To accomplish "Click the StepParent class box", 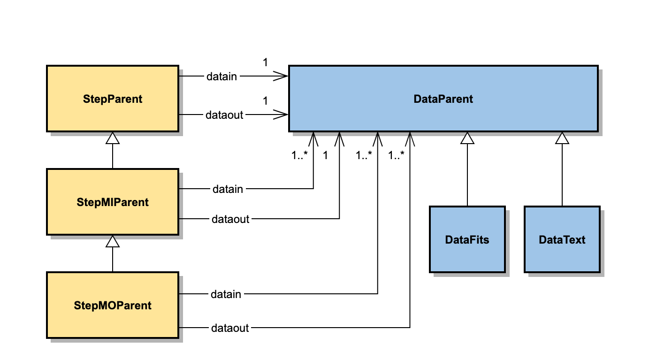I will tap(112, 99).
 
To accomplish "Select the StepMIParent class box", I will tap(112, 202).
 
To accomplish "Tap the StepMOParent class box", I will tap(112, 305).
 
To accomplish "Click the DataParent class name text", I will tap(443, 99).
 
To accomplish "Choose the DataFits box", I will tap(467, 239).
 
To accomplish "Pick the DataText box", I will tap(562, 239).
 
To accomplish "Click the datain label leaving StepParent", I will tap(221, 76).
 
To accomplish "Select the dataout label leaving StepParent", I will tap(224, 115).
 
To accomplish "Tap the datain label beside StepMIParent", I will tap(228, 189).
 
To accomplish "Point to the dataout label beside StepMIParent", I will tap(230, 219).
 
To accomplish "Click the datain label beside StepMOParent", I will tap(226, 294).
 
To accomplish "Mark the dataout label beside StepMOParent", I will tap(230, 328).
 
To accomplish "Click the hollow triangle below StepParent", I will tap(112, 138).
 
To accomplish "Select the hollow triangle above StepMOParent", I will tap(112, 241).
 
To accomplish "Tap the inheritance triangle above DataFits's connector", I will tap(467, 138).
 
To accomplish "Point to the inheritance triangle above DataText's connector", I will tap(562, 138).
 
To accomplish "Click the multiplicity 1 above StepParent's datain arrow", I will tap(265, 62).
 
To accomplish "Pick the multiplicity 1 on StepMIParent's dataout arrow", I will tap(325, 155).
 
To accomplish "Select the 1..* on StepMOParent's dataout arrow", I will tap(397, 155).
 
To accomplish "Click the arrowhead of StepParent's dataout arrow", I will tap(282, 115).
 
